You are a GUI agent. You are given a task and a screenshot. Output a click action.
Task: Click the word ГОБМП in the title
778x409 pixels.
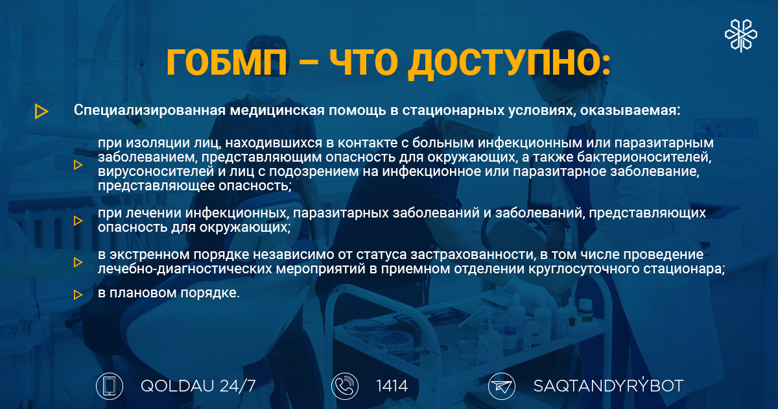pyautogui.click(x=227, y=62)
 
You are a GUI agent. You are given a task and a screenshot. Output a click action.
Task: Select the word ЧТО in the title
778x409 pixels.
pyautogui.click(x=364, y=62)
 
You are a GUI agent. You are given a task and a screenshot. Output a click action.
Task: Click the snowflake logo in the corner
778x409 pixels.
pyautogui.click(x=741, y=36)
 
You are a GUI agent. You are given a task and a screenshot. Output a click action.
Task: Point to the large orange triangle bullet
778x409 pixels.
pyautogui.click(x=41, y=111)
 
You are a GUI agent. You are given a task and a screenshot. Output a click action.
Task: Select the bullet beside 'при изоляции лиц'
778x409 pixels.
pyautogui.click(x=78, y=165)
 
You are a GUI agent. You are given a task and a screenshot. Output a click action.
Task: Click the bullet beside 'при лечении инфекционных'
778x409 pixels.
pyautogui.click(x=78, y=221)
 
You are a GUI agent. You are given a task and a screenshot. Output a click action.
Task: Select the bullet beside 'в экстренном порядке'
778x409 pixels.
pyautogui.click(x=78, y=262)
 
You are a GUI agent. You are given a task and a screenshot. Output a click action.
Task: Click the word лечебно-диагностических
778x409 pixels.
pyautogui.click(x=185, y=269)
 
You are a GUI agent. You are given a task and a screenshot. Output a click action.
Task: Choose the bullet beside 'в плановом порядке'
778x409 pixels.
pyautogui.click(x=78, y=295)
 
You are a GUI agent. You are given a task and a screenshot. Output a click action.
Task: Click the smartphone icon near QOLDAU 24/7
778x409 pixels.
pyautogui.click(x=110, y=386)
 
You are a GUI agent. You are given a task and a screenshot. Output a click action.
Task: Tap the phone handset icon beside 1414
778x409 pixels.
pyautogui.click(x=344, y=386)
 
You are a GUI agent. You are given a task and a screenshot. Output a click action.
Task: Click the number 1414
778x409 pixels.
pyautogui.click(x=392, y=386)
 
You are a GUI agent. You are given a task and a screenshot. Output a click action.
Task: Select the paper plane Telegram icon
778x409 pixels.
pyautogui.click(x=502, y=386)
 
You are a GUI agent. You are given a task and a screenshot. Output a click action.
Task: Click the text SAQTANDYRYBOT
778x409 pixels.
pyautogui.click(x=608, y=386)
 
